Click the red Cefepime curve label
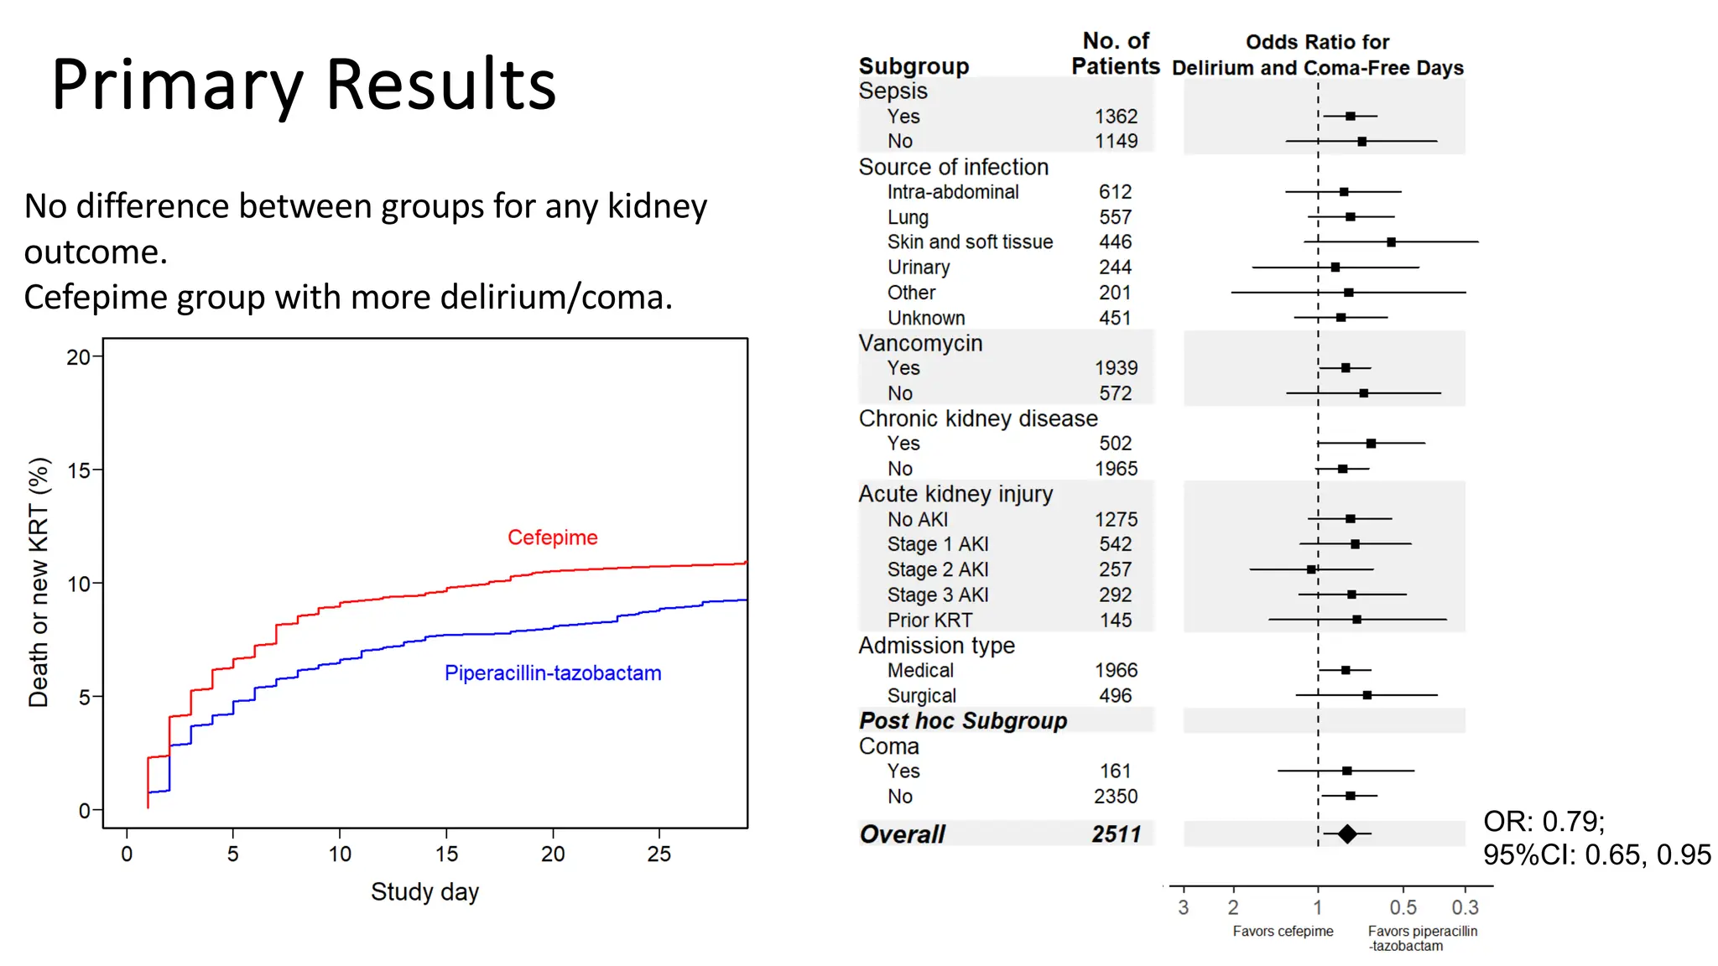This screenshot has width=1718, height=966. pyautogui.click(x=552, y=538)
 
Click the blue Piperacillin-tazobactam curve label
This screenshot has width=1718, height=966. pyautogui.click(x=552, y=673)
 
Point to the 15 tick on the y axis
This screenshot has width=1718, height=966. pyautogui.click(x=79, y=470)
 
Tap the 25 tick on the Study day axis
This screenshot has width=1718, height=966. pyautogui.click(x=659, y=854)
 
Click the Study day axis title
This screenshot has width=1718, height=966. pyautogui.click(x=424, y=891)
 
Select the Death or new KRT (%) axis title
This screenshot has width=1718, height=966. pyautogui.click(x=39, y=582)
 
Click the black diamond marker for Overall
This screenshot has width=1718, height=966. pyautogui.click(x=1347, y=834)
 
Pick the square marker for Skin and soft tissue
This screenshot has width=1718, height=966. pyautogui.click(x=1391, y=242)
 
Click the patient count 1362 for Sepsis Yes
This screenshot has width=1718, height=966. pyautogui.click(x=1116, y=117)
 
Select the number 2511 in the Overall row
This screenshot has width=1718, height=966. pyautogui.click(x=1116, y=834)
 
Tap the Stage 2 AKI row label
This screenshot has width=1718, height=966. pyautogui.click(x=938, y=569)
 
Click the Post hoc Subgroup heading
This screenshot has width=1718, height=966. pyautogui.click(x=963, y=721)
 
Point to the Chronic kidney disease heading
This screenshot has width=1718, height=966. pyautogui.click(x=978, y=418)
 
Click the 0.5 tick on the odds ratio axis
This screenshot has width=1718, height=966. pyautogui.click(x=1403, y=907)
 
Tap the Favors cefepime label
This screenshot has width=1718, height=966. pyautogui.click(x=1283, y=931)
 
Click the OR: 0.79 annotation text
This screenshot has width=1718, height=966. pyautogui.click(x=1544, y=821)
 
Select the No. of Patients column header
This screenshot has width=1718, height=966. pyautogui.click(x=1116, y=54)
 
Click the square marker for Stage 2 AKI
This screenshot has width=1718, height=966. pyautogui.click(x=1311, y=569)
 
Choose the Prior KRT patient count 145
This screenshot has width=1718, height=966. pyautogui.click(x=1116, y=621)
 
